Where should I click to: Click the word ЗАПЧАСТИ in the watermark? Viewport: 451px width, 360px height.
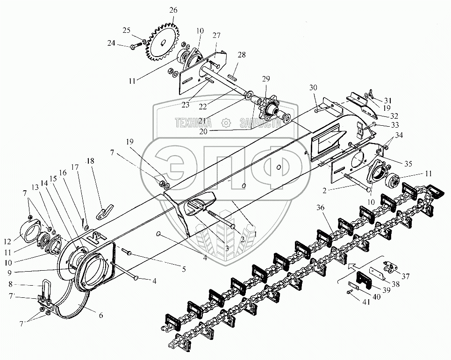pos(260,123)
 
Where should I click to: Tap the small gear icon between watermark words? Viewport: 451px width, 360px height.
pos(227,123)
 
